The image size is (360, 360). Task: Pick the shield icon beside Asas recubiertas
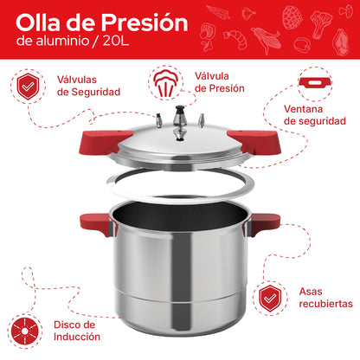point(272,297)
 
